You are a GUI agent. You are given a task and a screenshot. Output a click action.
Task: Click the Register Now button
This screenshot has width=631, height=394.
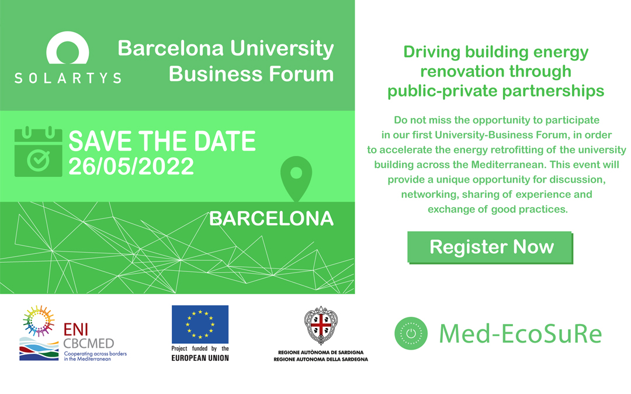490,247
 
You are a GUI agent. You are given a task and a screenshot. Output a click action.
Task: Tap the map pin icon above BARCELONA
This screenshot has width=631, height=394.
296,178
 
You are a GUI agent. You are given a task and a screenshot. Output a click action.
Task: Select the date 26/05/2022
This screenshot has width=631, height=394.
131,166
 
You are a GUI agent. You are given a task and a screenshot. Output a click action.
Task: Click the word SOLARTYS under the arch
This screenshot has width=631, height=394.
68,78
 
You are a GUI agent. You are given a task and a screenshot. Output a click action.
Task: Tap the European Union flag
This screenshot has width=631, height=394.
200,324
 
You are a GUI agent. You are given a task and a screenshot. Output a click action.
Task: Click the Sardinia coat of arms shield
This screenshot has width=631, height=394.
321,326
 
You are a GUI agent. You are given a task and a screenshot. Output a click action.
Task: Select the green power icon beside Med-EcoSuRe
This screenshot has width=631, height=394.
411,333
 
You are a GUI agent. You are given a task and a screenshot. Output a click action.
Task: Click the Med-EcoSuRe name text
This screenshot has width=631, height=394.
521,334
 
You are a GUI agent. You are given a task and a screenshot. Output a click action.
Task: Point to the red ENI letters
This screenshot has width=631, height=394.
75,330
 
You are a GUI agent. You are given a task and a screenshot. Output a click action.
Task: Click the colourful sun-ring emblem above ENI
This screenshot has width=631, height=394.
39,321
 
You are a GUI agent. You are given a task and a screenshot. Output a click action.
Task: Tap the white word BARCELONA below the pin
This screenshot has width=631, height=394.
271,219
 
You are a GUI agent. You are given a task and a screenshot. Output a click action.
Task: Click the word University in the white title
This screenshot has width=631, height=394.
282,48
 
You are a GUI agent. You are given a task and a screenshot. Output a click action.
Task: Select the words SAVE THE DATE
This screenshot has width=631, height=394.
162,141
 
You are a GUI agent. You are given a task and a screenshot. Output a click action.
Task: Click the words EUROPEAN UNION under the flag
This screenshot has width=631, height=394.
200,358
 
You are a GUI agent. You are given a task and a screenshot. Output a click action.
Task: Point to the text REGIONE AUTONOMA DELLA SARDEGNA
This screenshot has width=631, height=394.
321,360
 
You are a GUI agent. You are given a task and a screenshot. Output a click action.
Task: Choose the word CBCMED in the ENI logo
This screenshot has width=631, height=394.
89,344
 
